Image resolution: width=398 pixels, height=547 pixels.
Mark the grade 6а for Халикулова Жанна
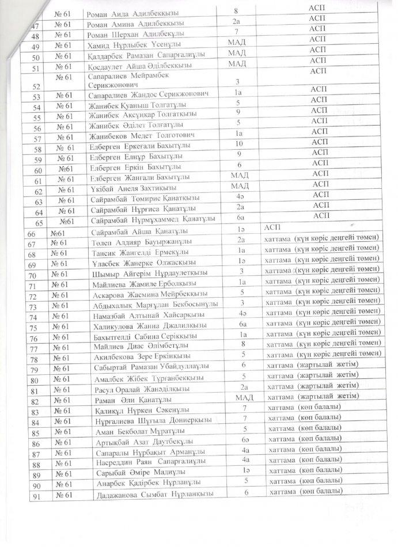pyautogui.click(x=242, y=325)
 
